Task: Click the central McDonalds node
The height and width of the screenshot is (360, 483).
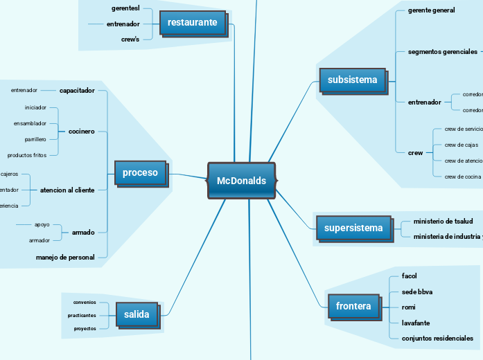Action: (x=241, y=181)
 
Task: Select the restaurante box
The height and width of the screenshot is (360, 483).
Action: (x=192, y=22)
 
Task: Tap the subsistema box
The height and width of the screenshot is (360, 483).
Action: (x=352, y=80)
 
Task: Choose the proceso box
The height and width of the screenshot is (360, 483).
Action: (x=140, y=172)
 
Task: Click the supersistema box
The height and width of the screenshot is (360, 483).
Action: (x=353, y=228)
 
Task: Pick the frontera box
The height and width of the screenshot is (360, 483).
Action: (x=353, y=306)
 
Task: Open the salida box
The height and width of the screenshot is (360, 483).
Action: (x=137, y=314)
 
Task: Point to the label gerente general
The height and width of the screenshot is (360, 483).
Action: (x=431, y=10)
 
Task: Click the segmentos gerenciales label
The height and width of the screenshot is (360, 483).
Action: (x=442, y=52)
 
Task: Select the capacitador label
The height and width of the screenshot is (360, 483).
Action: (x=77, y=90)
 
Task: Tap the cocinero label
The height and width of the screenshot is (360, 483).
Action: (x=82, y=131)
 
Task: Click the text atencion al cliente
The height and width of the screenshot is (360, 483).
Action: (x=67, y=190)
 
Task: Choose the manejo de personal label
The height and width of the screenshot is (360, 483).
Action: (x=65, y=257)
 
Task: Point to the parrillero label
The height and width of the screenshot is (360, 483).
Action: (x=35, y=139)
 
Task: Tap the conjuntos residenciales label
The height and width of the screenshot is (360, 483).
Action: (x=437, y=339)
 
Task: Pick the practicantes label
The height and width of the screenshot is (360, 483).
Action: (x=82, y=315)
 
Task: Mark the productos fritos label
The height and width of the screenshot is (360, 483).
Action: (x=27, y=155)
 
